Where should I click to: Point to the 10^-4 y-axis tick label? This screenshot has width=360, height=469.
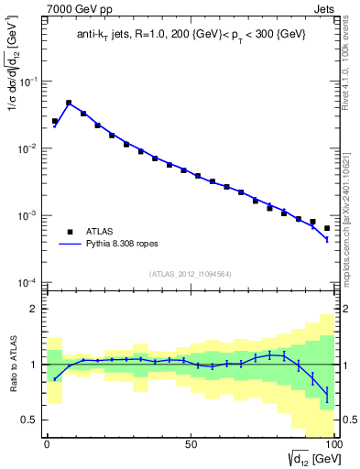point(31,282)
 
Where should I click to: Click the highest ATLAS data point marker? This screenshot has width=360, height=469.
point(69,104)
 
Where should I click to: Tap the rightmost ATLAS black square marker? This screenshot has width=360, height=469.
point(327,228)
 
